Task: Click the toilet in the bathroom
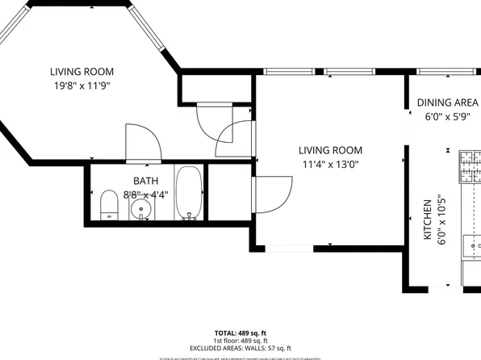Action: (x=108, y=205)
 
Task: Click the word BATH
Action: (x=146, y=182)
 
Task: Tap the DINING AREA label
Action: (x=448, y=103)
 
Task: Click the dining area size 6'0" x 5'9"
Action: (x=448, y=117)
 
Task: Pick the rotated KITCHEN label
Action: (x=428, y=220)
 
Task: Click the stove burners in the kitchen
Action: (x=470, y=165)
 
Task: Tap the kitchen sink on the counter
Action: (x=471, y=244)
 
